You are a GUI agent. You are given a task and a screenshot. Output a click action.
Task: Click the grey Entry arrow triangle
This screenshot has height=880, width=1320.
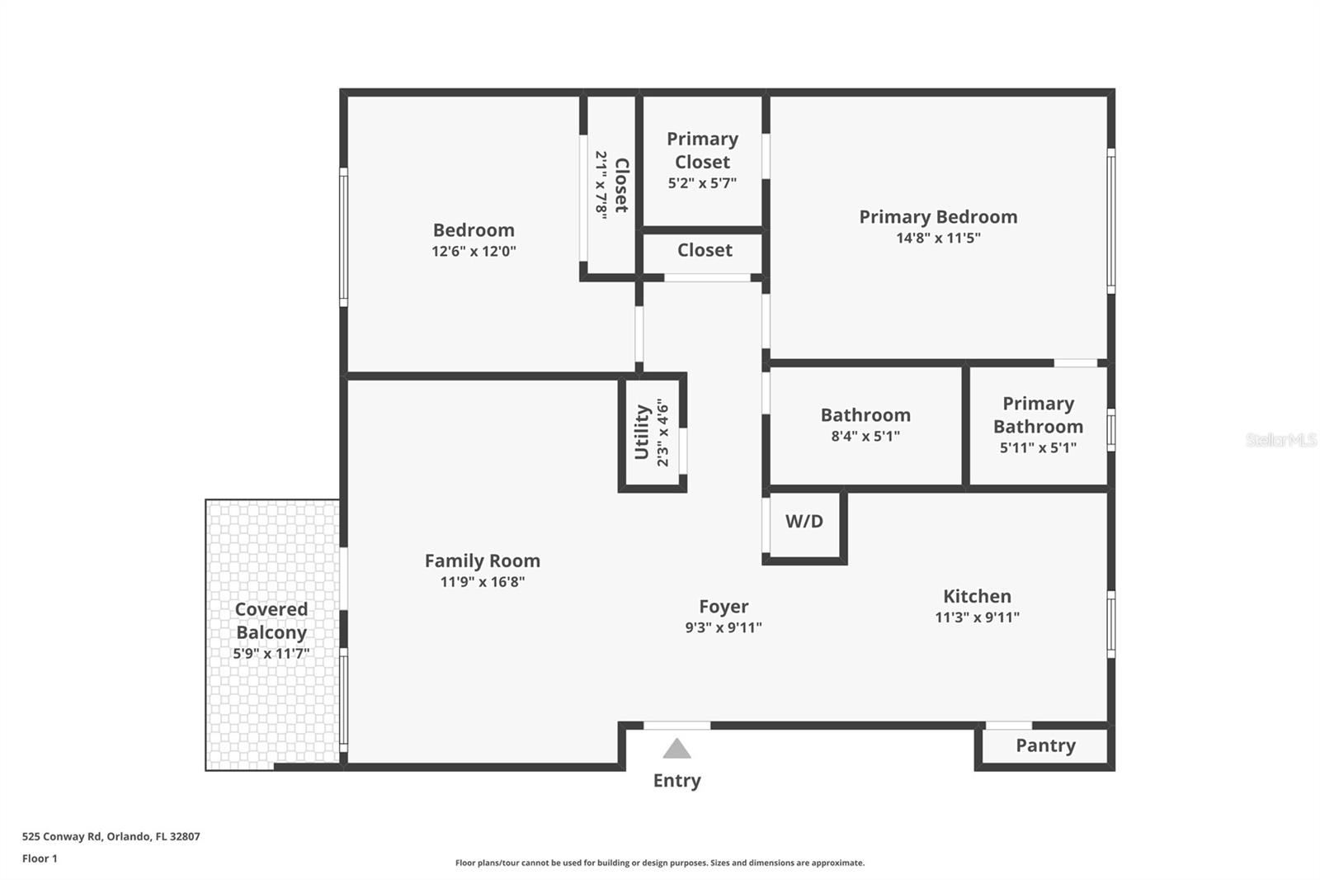(676, 749)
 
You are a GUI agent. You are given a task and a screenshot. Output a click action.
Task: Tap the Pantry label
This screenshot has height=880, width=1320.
(1045, 745)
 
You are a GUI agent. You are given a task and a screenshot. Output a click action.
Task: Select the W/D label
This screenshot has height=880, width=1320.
(804, 521)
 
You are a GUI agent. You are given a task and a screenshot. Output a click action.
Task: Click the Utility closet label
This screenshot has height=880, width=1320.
(642, 432)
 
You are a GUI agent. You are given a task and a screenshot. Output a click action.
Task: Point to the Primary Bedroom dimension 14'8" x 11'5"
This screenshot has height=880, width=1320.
(938, 238)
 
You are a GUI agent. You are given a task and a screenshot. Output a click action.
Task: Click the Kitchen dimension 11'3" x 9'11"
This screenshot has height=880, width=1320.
(977, 617)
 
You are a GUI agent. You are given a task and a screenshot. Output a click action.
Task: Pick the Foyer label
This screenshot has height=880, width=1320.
(724, 607)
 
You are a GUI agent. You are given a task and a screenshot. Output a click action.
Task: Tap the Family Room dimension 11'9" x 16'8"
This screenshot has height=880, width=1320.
(482, 581)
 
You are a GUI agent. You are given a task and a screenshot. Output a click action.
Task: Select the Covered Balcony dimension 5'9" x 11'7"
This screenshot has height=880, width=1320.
(271, 653)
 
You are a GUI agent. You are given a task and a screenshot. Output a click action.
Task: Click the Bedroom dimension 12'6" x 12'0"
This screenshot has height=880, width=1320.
(474, 251)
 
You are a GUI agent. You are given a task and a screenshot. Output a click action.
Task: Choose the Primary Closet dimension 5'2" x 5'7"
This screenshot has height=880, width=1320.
(702, 182)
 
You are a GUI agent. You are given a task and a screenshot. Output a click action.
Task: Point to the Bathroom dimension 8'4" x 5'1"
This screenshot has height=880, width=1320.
(865, 436)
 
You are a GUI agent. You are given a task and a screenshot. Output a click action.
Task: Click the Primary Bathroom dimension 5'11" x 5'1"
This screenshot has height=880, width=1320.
(1038, 447)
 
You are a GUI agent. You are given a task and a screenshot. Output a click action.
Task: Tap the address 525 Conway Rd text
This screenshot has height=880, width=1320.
(111, 836)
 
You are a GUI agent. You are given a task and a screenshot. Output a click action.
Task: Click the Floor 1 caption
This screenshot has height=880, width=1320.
(40, 859)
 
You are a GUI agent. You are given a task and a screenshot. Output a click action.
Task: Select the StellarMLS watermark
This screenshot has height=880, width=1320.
(1280, 440)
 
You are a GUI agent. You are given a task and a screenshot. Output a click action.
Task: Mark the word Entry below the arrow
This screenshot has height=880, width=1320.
(676, 780)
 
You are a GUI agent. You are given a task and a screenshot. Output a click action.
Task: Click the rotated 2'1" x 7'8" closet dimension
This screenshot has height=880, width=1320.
(601, 184)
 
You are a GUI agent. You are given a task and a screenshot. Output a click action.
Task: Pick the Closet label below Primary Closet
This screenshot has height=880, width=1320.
(705, 250)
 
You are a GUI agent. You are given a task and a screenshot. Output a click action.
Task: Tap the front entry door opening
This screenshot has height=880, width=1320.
(676, 726)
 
